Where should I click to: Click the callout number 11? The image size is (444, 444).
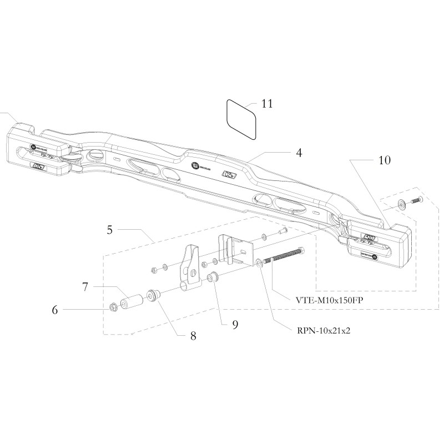267,104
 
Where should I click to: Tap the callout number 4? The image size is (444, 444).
298,152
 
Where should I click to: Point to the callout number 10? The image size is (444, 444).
384,160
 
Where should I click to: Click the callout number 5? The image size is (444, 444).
110,228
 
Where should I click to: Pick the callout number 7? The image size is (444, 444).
85,287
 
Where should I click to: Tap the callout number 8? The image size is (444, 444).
193,335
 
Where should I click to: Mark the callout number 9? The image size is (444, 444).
235,325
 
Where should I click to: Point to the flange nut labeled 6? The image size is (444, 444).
113,306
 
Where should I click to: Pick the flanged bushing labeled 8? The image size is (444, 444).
153,295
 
